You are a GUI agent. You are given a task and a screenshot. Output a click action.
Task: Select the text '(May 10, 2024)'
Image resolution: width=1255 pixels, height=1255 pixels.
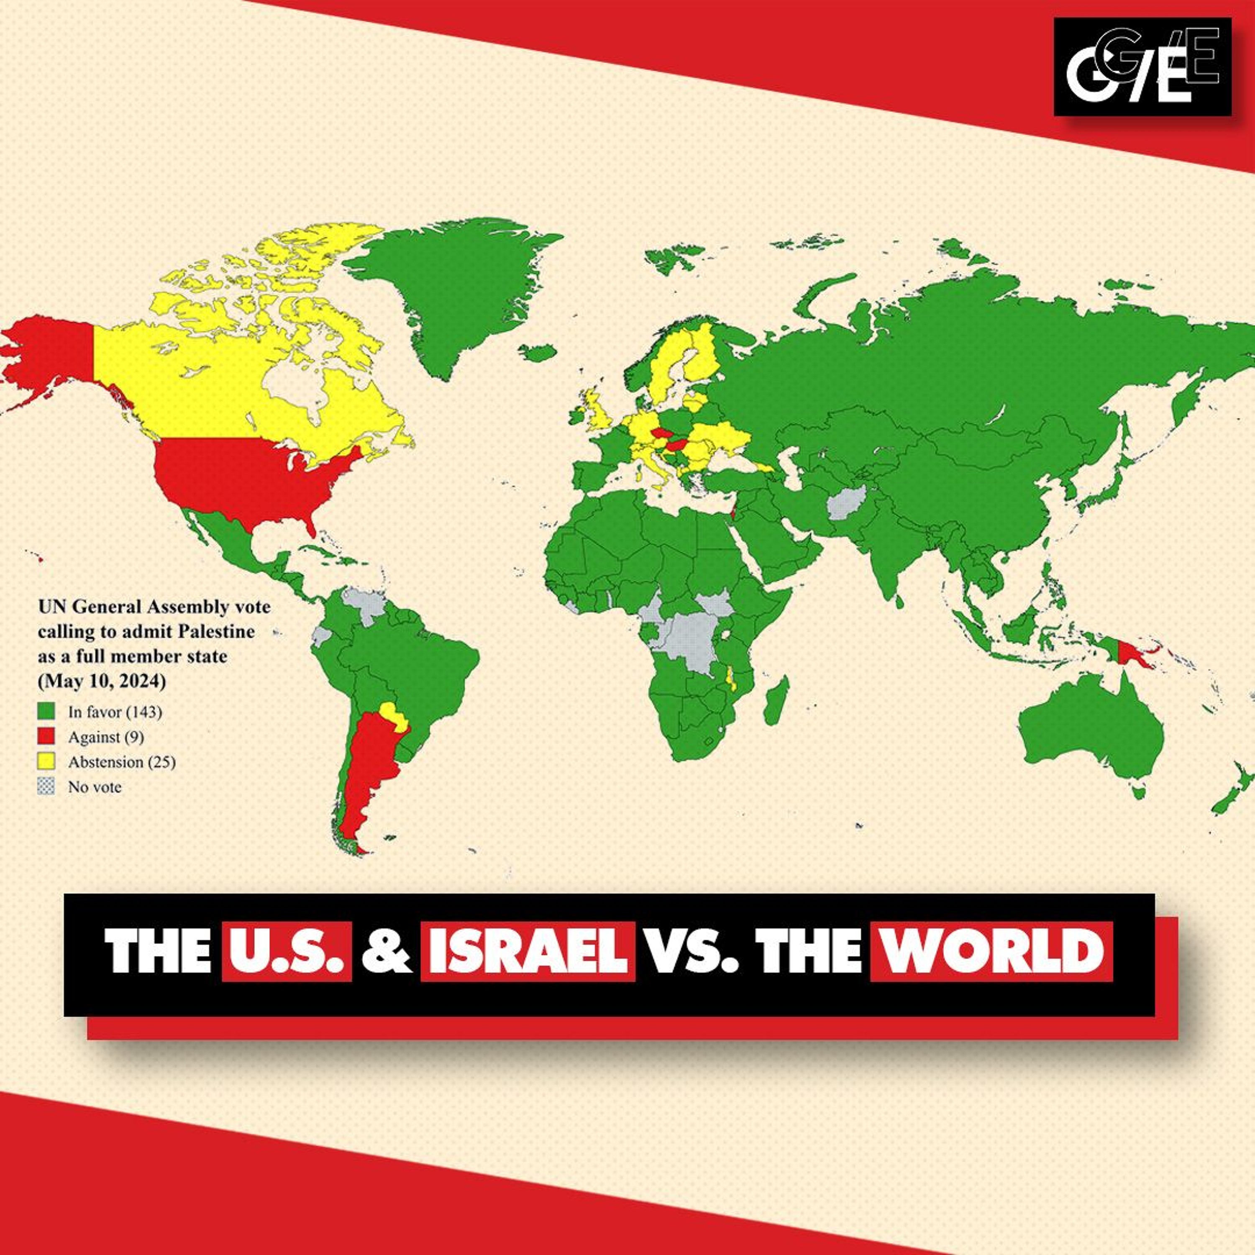point(102,682)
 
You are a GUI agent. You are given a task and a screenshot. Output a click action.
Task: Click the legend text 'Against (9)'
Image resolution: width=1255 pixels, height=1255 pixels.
point(106,737)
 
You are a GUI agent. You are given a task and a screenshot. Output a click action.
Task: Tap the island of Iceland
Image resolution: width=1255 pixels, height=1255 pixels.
point(538,353)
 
